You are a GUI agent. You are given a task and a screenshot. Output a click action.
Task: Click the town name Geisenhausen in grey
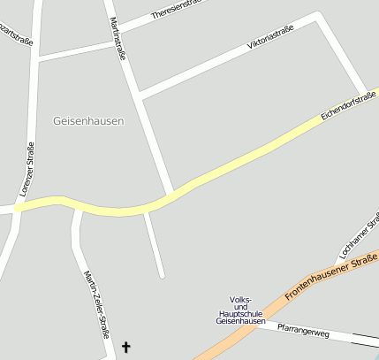point(88,120)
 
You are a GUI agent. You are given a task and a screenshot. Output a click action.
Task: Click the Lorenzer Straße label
point(27,169)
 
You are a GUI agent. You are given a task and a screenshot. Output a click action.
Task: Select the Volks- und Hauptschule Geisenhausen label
point(240,310)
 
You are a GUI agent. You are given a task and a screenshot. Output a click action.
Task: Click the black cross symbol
point(125,348)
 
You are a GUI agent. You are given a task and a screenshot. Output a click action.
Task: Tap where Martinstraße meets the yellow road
point(171,193)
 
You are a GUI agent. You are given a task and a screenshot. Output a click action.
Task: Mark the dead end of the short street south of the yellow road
point(163,275)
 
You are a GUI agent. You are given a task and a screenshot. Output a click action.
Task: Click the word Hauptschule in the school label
point(240,313)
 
